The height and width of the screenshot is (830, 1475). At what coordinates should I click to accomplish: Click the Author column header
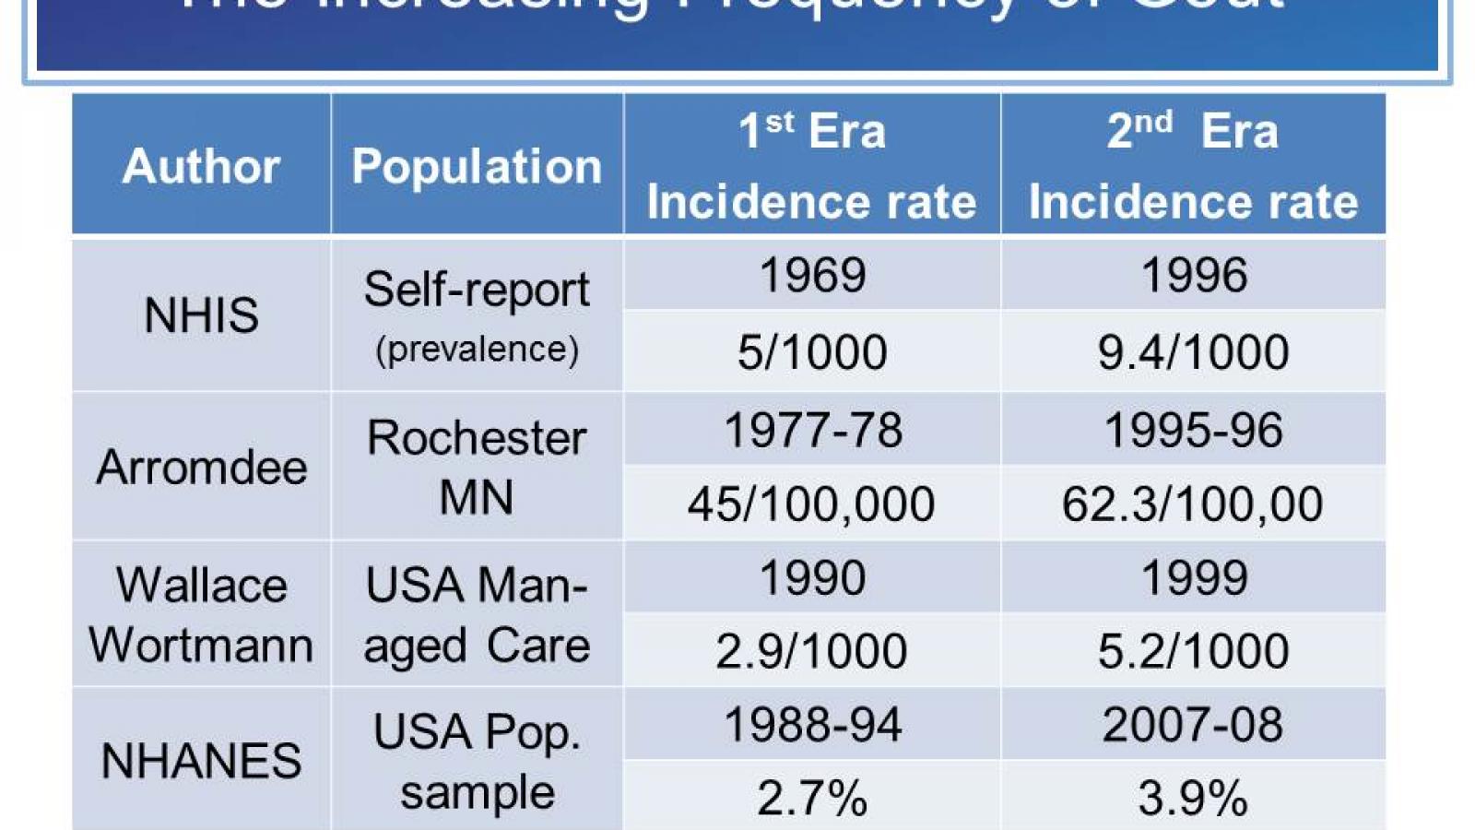point(201,166)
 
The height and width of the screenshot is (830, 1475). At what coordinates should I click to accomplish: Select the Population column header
point(477,166)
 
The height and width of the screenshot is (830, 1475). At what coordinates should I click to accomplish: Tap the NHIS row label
point(201,315)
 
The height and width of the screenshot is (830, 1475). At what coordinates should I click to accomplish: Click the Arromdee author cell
point(201,467)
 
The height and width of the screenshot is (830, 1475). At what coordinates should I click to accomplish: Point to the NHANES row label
point(201,761)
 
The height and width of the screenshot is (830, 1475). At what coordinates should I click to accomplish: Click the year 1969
point(812,275)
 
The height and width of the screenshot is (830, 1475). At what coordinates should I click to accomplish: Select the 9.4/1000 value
point(1193,351)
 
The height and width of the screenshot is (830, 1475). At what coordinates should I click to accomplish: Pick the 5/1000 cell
point(812,351)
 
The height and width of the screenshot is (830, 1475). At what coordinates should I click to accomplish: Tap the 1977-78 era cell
point(812,430)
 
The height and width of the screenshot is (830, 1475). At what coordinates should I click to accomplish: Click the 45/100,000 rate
point(811,504)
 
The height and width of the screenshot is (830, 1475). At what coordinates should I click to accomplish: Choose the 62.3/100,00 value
point(1192,504)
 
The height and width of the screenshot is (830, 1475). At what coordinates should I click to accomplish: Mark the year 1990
point(812,577)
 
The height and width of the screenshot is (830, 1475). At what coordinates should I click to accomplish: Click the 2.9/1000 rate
point(811,650)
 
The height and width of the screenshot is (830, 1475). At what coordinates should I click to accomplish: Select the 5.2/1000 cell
point(1193,650)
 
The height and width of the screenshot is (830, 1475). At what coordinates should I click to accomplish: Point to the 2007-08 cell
point(1192,724)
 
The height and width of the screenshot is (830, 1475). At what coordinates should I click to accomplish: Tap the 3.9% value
point(1193,797)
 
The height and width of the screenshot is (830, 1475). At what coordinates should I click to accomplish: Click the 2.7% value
point(812,797)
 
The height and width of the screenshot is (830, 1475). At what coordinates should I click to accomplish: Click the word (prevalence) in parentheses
point(477,350)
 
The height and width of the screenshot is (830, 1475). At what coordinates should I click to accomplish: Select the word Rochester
point(477,437)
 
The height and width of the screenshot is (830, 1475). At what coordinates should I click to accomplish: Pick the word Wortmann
point(201,645)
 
